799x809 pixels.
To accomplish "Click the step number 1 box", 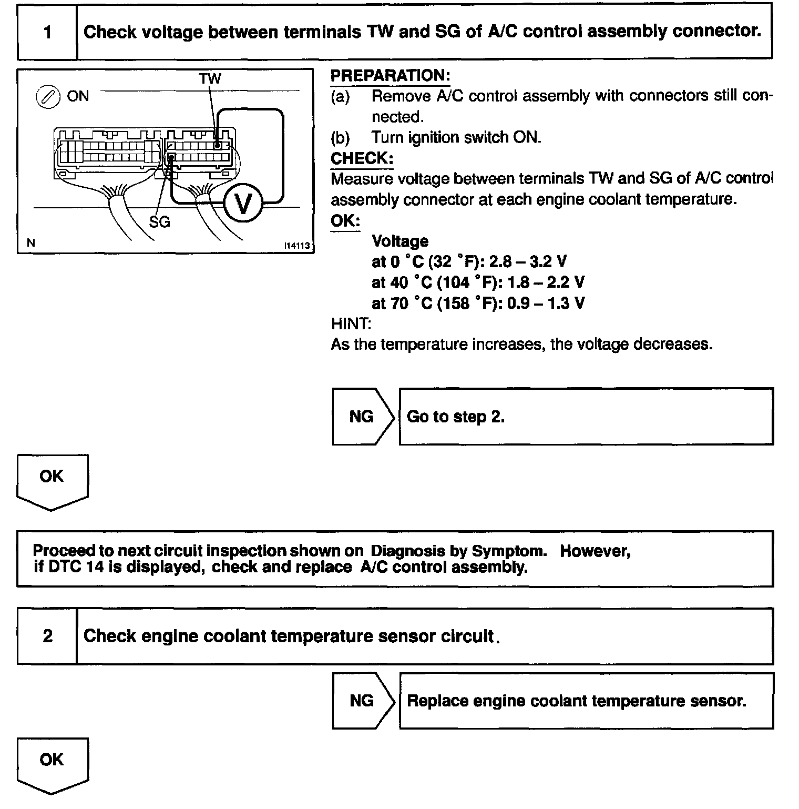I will (x=47, y=32).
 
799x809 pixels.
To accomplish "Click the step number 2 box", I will (x=47, y=636).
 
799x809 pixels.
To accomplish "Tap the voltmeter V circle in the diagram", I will (x=242, y=203).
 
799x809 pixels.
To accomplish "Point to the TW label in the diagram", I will (x=210, y=79).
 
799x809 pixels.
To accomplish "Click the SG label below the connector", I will (x=160, y=222).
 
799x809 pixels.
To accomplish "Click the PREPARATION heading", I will (x=390, y=76).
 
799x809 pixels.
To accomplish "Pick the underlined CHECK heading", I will (x=362, y=158).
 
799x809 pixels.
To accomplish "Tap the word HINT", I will (x=351, y=323).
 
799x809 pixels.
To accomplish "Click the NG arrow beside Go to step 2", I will (x=362, y=417).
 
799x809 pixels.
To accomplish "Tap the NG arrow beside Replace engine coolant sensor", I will (x=362, y=701).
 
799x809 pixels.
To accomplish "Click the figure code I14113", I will (x=297, y=245).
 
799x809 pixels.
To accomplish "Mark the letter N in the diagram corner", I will (x=31, y=243).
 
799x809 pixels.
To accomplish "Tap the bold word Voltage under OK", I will (x=400, y=241).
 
